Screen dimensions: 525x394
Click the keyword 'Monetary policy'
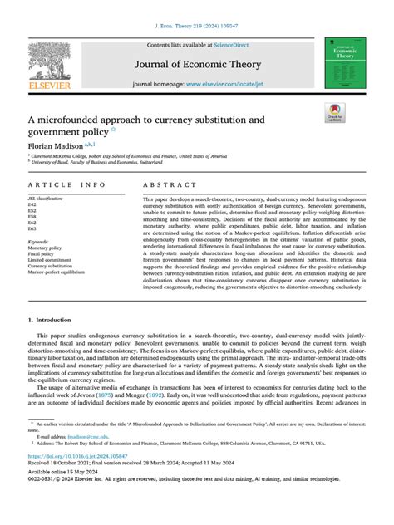pyautogui.click(x=46, y=248)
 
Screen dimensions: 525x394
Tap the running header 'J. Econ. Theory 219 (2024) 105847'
pyautogui.click(x=196, y=9)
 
